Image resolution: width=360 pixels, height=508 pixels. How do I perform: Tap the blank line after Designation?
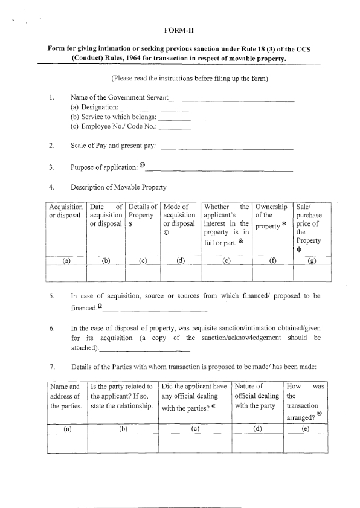(x=155, y=109)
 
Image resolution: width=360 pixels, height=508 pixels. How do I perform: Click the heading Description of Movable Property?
(x=118, y=187)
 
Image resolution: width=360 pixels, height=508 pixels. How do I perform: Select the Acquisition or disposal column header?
(x=66, y=211)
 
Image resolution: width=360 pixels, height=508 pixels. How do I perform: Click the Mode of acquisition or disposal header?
(x=181, y=216)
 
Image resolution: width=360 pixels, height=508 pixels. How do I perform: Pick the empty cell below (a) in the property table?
(x=66, y=274)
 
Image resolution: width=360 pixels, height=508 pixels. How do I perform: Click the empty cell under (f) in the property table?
(x=272, y=274)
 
